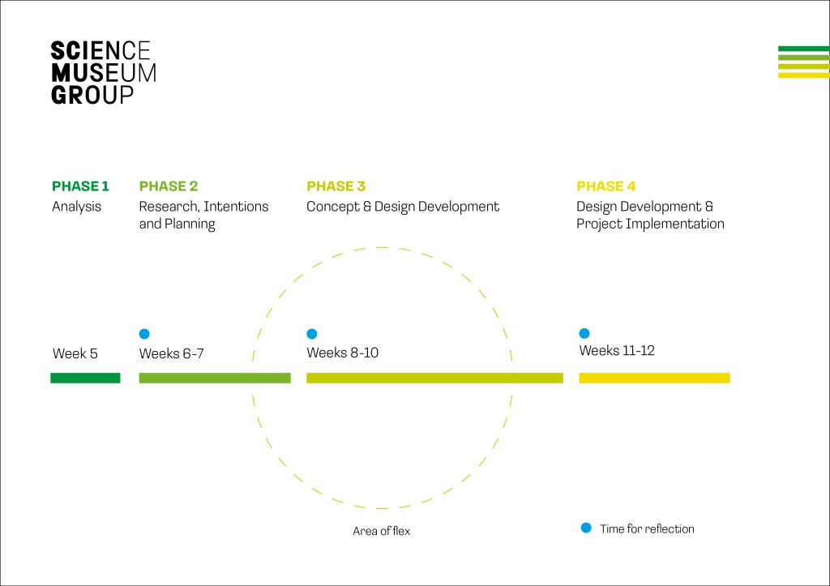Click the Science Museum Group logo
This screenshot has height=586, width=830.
pos(103,72)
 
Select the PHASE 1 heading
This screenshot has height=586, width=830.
pos(80,186)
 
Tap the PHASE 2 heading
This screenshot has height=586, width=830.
pos(169,186)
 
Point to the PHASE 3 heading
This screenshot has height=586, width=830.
pos(336,186)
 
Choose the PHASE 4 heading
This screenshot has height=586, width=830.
pos(606,186)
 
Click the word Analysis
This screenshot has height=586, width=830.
pos(76,207)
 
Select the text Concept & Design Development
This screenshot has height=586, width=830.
pos(403,207)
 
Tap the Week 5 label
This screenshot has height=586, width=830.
pos(75,353)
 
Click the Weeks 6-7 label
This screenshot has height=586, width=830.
pos(172,353)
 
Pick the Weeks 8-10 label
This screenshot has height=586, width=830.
pos(343,353)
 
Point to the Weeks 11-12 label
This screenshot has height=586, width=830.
pos(617,350)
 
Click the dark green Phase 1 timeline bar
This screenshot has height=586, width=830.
pos(85,378)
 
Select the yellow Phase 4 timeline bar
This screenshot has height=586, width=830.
pos(654,378)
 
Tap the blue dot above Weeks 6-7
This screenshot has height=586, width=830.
pos(144,333)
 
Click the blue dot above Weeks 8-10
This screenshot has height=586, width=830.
pos(312,333)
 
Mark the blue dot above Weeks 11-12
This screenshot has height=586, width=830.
pos(584,333)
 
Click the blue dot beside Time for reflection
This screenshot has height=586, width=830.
pos(586,528)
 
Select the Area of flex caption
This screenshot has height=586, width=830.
pos(381,531)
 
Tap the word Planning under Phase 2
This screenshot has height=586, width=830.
pos(190,225)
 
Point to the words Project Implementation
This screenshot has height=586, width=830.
pos(650,225)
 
